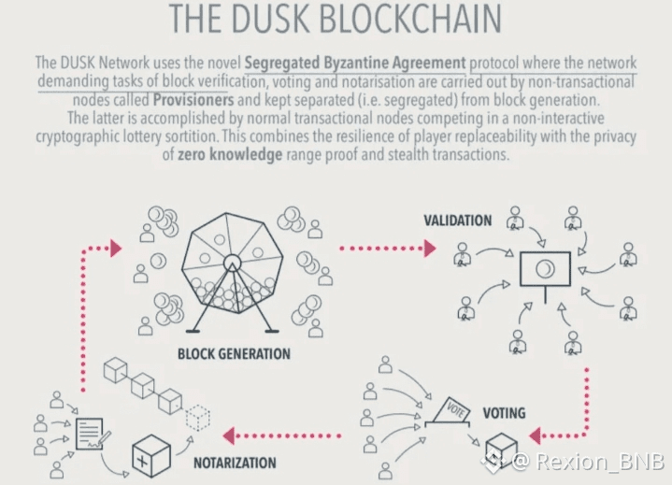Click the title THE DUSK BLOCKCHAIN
(336, 19)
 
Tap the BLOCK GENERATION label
(234, 354)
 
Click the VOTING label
(504, 412)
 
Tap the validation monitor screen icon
(545, 270)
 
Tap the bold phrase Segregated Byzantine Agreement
(355, 64)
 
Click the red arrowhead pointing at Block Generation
(116, 248)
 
